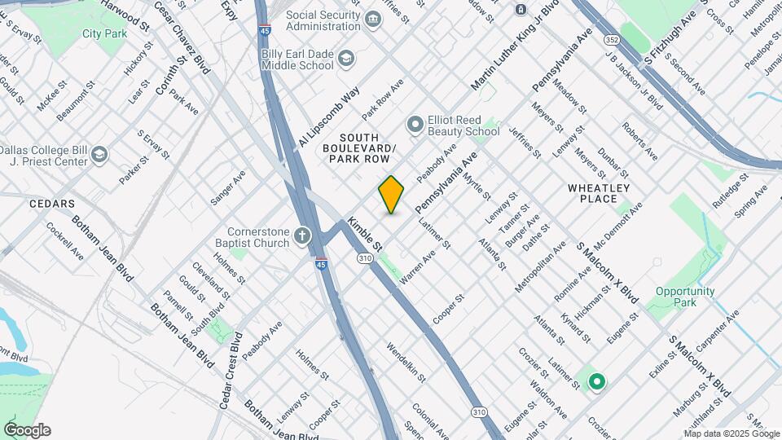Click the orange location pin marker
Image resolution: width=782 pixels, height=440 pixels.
click(391, 194)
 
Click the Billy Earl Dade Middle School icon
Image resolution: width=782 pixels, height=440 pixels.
click(346, 59)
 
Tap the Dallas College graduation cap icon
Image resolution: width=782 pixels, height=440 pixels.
click(99, 155)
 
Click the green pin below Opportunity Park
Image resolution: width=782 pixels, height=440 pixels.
click(596, 381)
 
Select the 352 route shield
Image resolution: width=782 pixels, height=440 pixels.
click(612, 39)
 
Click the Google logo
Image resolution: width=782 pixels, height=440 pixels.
click(27, 430)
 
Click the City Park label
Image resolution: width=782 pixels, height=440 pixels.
click(103, 35)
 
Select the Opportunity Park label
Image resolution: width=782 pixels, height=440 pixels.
click(684, 297)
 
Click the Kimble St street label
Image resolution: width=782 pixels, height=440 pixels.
click(364, 233)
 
